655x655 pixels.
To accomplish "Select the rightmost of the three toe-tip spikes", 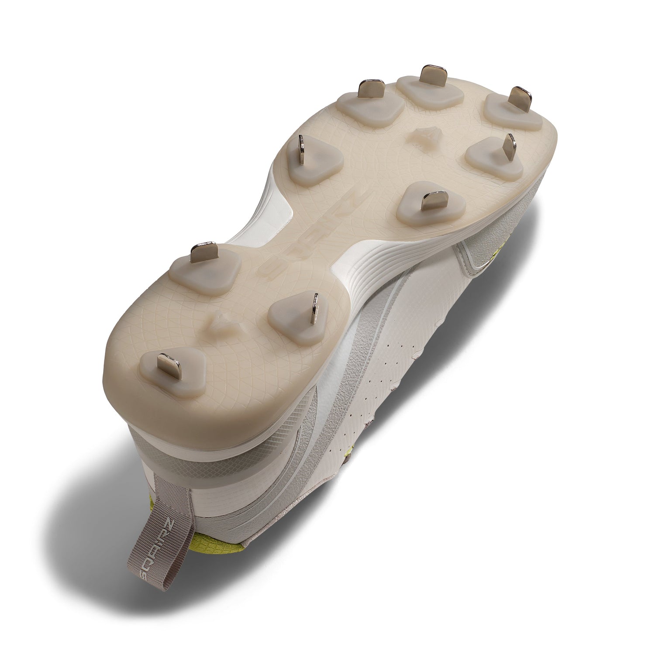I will point(519,96).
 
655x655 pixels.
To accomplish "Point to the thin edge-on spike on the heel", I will point(316,310).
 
